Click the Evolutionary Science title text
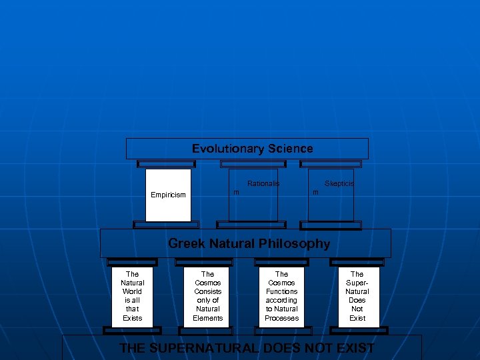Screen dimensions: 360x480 [252, 149]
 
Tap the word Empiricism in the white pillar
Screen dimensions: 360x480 [168, 195]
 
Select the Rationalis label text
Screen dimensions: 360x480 [263, 183]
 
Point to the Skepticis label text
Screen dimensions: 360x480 [339, 183]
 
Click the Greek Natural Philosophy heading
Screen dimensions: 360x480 [249, 243]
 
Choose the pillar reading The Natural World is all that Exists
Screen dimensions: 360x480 [132, 296]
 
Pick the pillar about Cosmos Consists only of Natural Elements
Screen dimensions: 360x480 [207, 296]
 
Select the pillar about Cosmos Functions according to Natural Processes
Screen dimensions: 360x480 [281, 296]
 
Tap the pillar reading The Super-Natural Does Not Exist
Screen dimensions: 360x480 [357, 296]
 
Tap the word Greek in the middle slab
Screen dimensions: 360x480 [187, 243]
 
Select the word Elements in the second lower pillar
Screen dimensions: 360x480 [207, 318]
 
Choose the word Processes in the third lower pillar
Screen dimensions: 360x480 [281, 318]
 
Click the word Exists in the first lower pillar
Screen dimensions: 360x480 [132, 318]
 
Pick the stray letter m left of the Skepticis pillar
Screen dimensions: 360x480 [316, 193]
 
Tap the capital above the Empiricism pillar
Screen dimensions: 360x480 [166, 163]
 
